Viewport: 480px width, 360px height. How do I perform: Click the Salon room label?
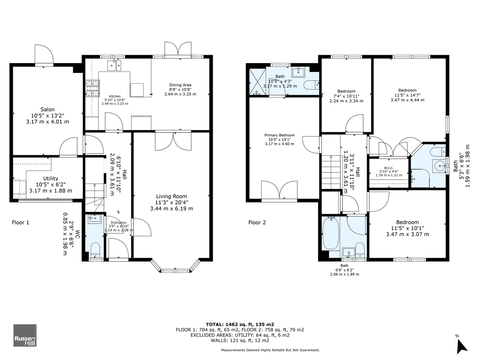pos(48,109)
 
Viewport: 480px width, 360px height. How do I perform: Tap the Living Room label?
pos(172,196)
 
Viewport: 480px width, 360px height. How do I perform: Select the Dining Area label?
pos(180,85)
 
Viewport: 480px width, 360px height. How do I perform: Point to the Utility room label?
pos(50,178)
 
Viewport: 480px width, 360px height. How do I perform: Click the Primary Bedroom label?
pos(280,135)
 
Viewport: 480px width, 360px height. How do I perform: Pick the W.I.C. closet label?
pos(388,168)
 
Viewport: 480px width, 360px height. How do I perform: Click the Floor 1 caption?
pos(20,222)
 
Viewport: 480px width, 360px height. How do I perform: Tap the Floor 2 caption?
pos(257,222)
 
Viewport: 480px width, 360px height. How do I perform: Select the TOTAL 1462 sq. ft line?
pos(240,324)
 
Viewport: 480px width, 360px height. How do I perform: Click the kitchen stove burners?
pos(93,88)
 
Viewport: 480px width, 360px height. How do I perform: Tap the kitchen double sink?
pos(114,66)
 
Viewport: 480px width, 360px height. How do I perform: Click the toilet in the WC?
pos(95,250)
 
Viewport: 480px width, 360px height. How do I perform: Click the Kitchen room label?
pos(115,96)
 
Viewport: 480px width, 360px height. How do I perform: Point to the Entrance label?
pos(118,222)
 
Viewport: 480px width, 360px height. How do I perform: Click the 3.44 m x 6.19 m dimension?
pos(172,208)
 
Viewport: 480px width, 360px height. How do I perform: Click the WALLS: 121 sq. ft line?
pos(240,340)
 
